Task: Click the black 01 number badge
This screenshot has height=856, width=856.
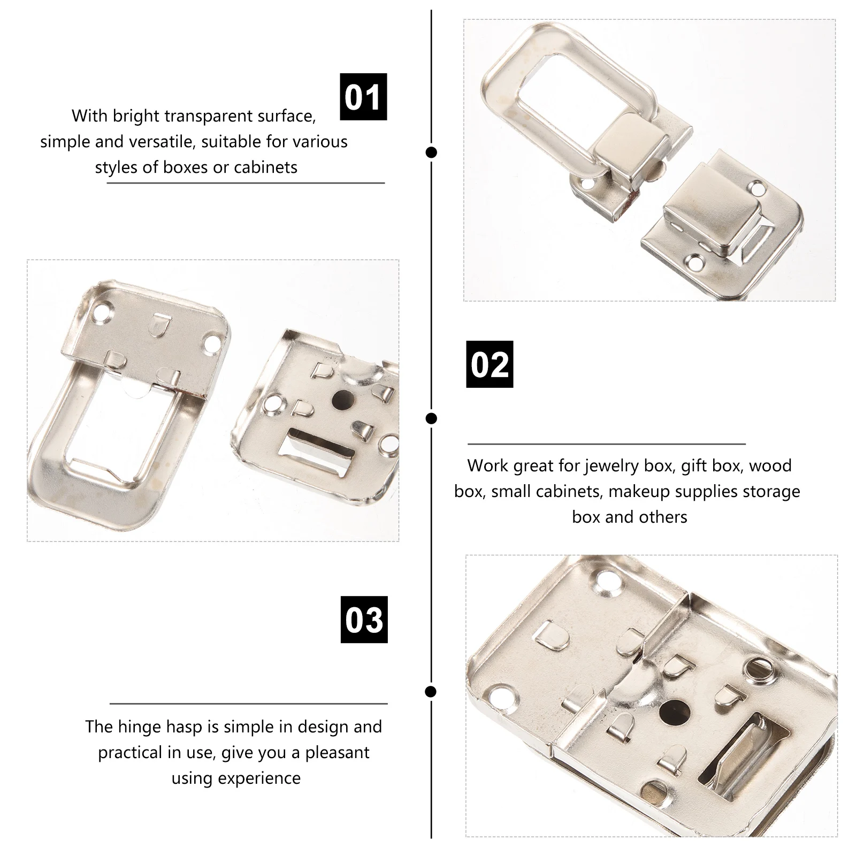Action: (363, 97)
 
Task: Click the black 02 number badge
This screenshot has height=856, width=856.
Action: (490, 364)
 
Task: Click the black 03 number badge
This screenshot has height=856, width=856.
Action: (364, 620)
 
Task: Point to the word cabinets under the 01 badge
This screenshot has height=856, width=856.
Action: (266, 167)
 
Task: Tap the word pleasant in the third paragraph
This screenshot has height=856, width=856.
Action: (337, 752)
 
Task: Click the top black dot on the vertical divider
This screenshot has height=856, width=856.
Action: (431, 152)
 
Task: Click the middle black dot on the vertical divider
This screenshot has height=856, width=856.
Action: (431, 418)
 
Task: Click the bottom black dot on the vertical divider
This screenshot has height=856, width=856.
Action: (431, 692)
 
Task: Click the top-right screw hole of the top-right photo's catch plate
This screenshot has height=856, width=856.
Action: (758, 188)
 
